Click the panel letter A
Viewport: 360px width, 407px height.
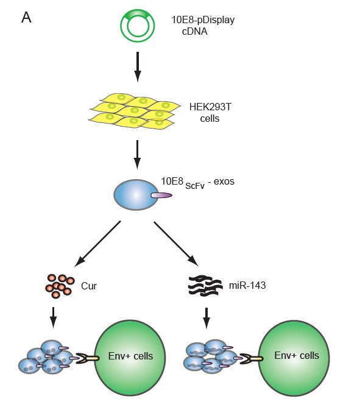click(26, 18)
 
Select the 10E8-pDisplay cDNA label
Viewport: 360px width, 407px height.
click(203, 26)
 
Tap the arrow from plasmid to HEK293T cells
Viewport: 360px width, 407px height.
click(138, 66)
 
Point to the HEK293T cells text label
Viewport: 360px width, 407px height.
click(210, 113)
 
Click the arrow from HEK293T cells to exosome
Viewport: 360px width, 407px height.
click(137, 155)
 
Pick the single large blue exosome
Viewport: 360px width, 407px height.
click(136, 195)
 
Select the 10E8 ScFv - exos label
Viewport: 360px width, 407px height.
click(197, 183)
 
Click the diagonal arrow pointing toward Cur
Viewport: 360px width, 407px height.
click(97, 244)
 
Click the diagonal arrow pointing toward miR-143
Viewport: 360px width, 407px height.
click(176, 244)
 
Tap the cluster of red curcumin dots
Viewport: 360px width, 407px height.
click(60, 286)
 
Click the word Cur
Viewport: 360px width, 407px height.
click(89, 286)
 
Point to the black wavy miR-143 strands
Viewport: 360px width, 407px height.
click(205, 286)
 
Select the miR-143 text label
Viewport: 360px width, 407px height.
click(247, 286)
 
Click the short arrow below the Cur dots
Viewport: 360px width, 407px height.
click(53, 317)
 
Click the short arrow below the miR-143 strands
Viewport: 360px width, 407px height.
click(206, 318)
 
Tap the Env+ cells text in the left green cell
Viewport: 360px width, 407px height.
click(130, 356)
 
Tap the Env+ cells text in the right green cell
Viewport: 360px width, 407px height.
click(297, 355)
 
